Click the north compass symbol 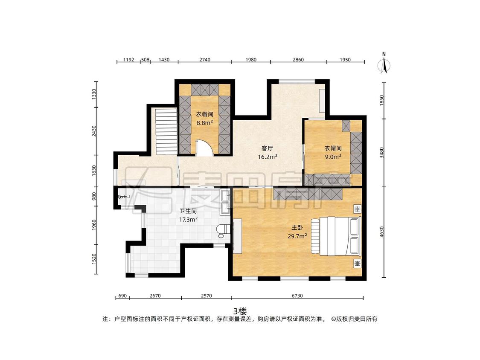click(x=384, y=64)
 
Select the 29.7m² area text click(x=297, y=236)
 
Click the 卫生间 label click(x=188, y=211)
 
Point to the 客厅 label click(x=267, y=148)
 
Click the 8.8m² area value click(x=204, y=123)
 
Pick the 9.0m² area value click(x=333, y=157)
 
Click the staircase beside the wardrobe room click(x=166, y=132)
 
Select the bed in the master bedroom click(x=337, y=236)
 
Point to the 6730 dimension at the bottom click(x=297, y=296)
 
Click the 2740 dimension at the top click(x=205, y=60)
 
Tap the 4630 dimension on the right click(x=381, y=232)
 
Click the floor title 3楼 click(x=240, y=311)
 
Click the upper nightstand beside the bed click(x=358, y=209)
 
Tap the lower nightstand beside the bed click(x=358, y=263)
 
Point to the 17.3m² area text click(x=188, y=220)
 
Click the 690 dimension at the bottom click(x=122, y=296)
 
